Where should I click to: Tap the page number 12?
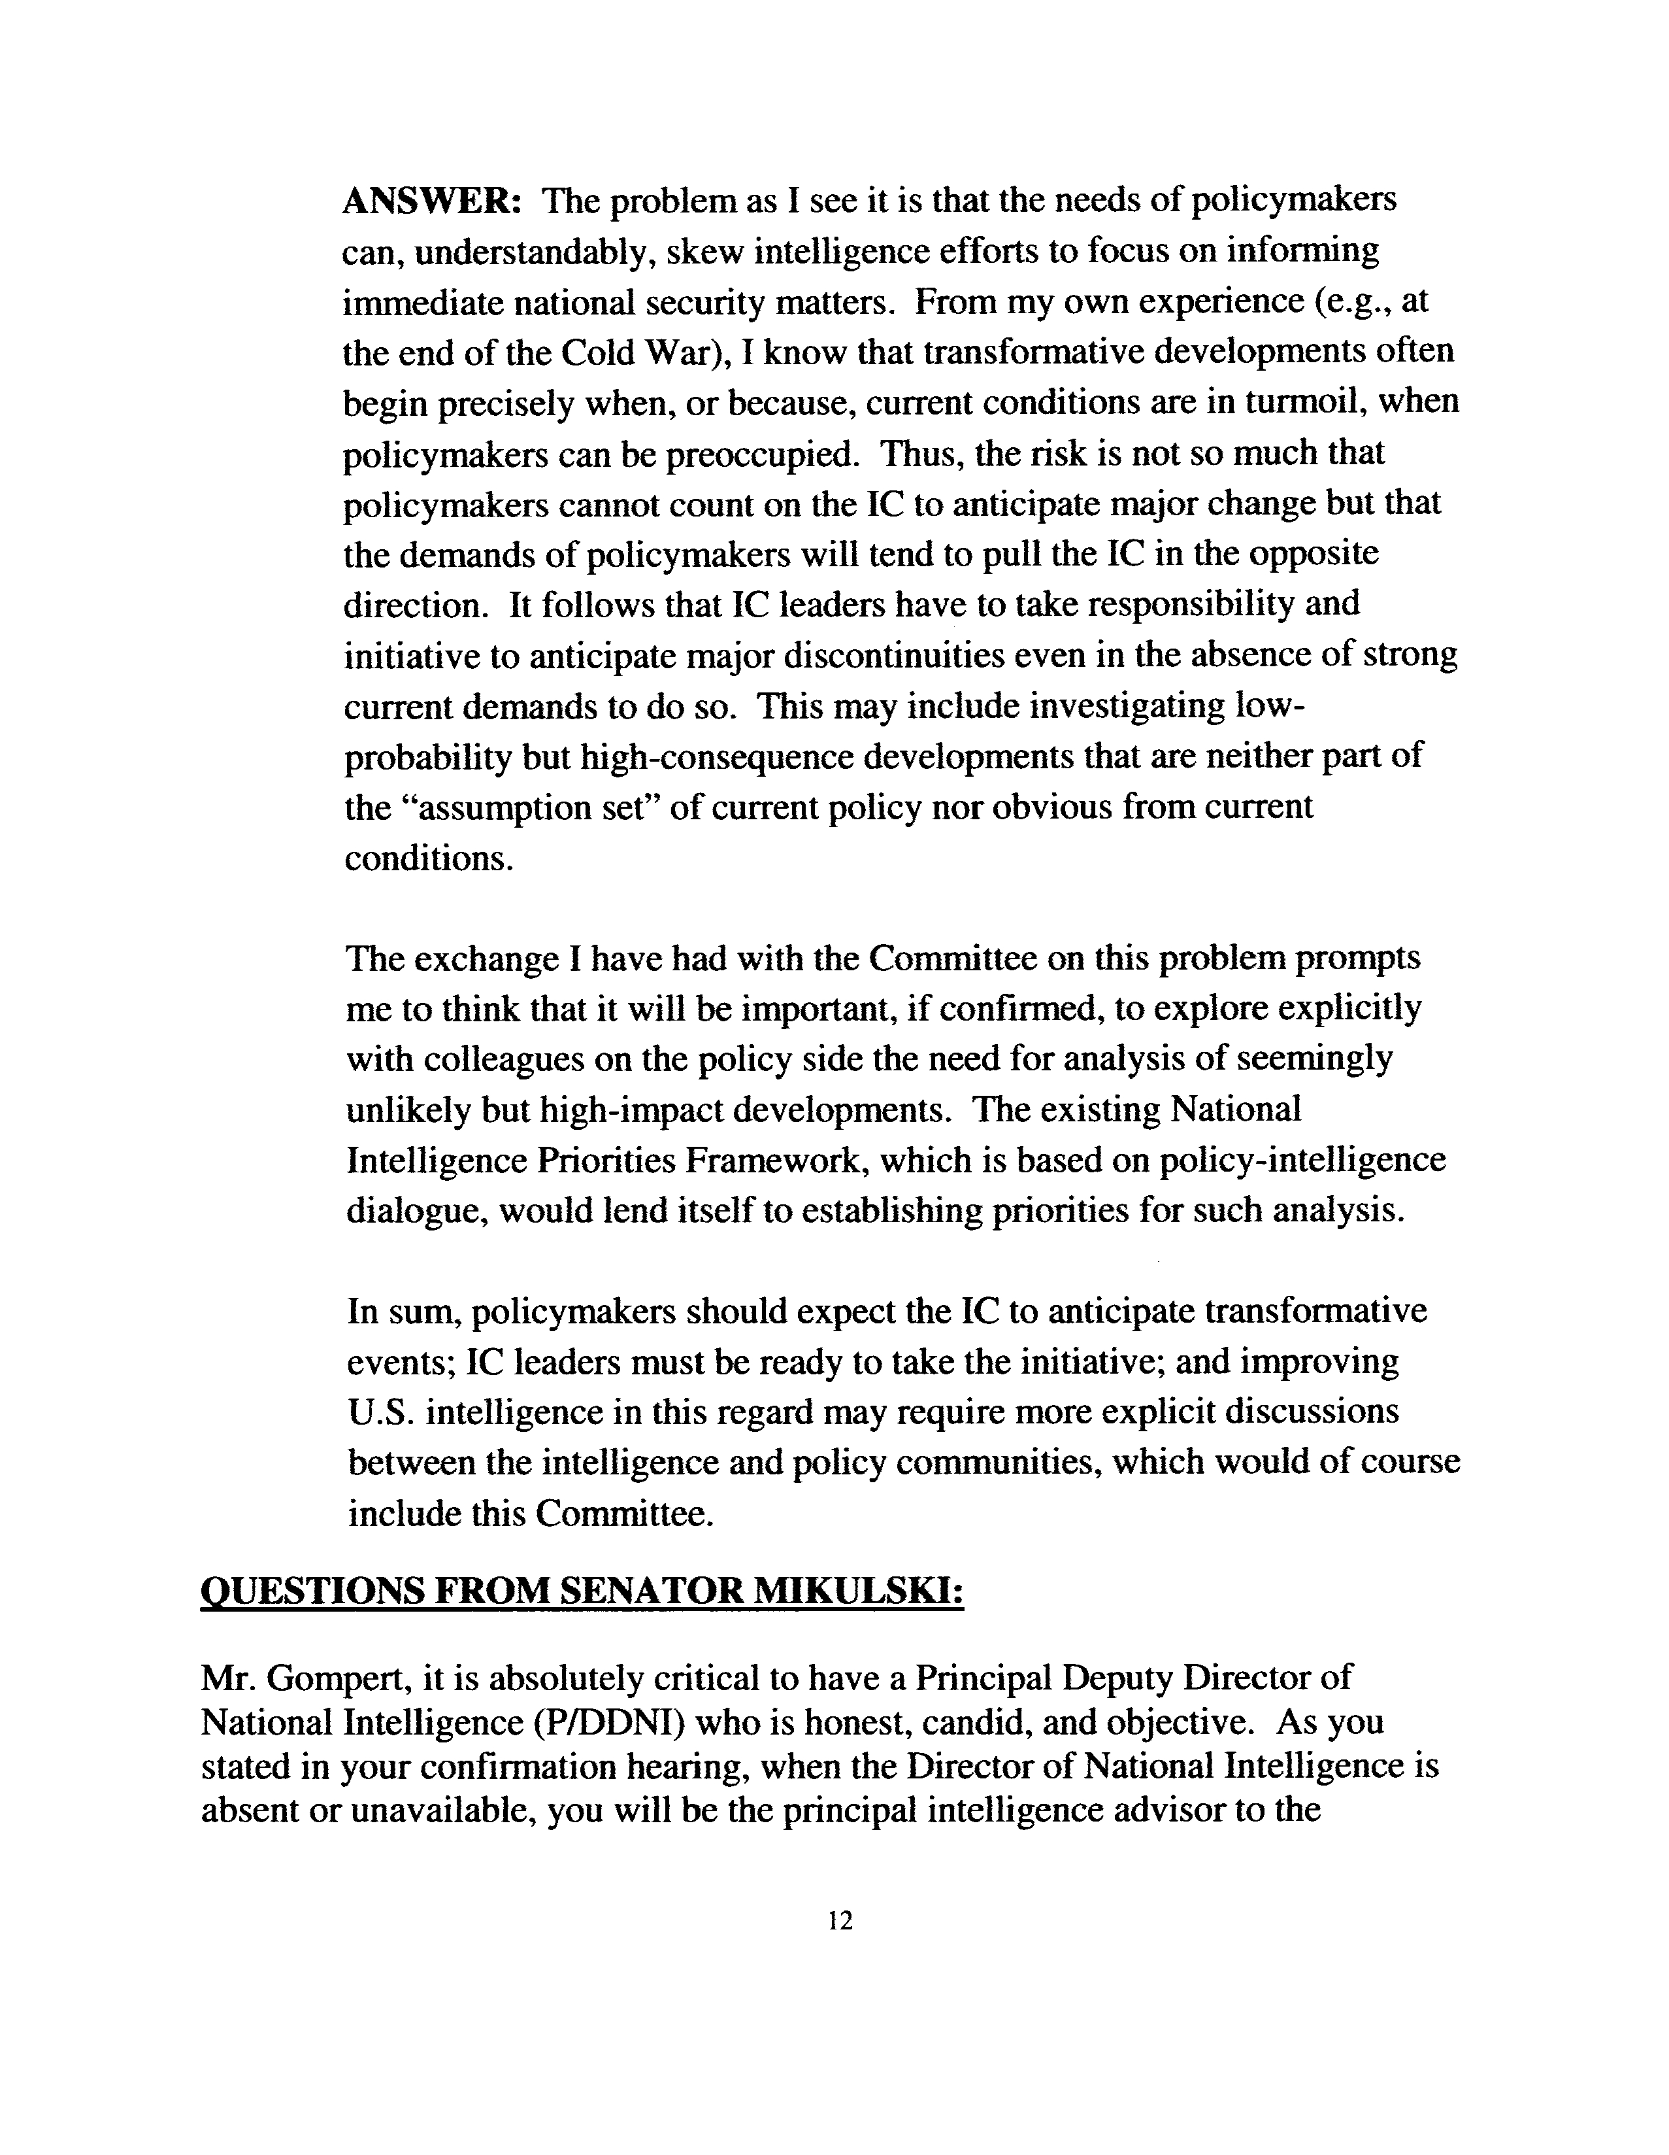[x=840, y=1920]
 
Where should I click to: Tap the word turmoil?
[x=1302, y=403]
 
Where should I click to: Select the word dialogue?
[x=415, y=1211]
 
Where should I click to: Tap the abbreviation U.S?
[x=382, y=1412]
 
